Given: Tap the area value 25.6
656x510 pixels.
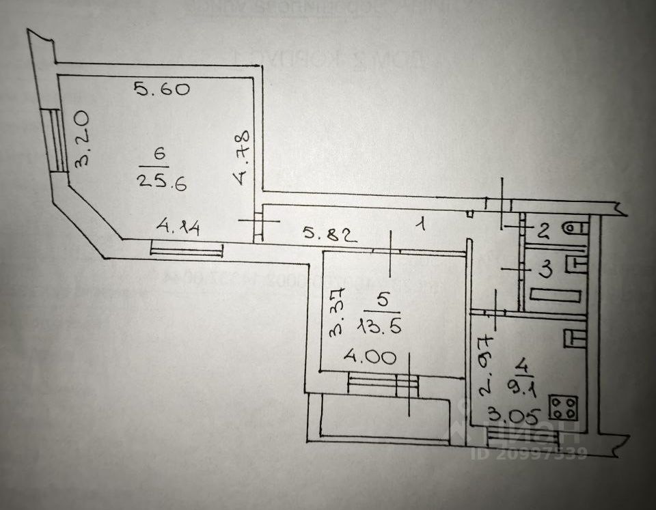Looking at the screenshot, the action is [161, 182].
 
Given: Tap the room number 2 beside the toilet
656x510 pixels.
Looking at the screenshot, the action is [543, 231].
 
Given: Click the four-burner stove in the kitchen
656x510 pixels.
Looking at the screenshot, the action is [563, 407].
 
